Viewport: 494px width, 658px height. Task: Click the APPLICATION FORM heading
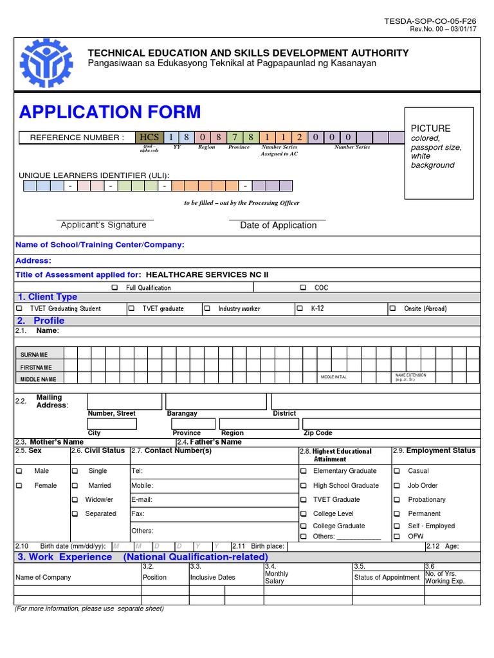110,112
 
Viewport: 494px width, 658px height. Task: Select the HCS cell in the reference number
149,137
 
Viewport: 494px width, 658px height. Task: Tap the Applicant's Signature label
104,225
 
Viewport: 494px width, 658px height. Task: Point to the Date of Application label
278,226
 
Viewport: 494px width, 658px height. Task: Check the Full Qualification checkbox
115,288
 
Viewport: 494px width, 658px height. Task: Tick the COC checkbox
303,288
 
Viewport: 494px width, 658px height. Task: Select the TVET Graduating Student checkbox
19,308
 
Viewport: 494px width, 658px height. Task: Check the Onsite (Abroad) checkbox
392,308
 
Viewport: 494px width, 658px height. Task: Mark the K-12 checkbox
300,308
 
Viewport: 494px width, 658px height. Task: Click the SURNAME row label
33,355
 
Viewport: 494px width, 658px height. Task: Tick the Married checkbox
75,486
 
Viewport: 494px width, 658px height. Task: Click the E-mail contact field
213,499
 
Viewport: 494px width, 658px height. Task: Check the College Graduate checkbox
304,526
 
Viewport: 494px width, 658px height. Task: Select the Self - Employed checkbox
396,526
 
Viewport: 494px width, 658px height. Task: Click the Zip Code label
318,433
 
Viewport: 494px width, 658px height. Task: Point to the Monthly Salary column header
277,577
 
